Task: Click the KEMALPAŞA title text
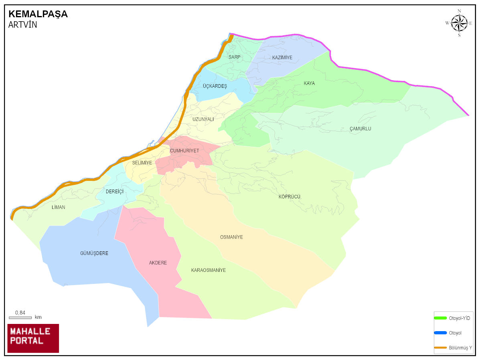(38, 14)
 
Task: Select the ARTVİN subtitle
(22, 25)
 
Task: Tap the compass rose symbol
(459, 23)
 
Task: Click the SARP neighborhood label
(235, 57)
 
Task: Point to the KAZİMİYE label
(282, 58)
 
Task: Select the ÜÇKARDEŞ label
(215, 86)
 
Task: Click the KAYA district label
(309, 83)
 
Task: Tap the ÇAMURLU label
(360, 129)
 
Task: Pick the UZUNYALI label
(203, 119)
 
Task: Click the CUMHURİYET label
(184, 151)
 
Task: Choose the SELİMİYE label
(142, 163)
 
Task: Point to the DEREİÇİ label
(115, 192)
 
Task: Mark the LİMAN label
(59, 207)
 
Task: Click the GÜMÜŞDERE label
(94, 253)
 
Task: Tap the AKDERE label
(158, 263)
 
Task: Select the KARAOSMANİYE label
(208, 270)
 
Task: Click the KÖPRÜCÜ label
(290, 197)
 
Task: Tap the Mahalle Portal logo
(33, 338)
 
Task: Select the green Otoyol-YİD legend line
(440, 318)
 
